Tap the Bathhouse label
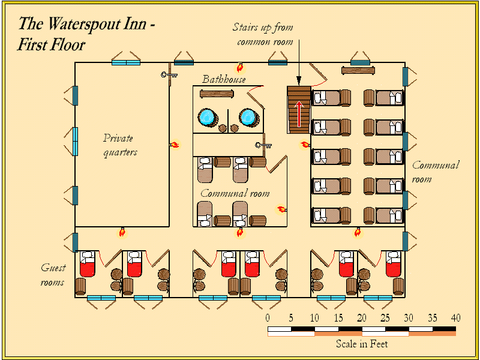click(x=223, y=79)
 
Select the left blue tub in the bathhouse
click(x=208, y=116)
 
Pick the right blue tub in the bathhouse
click(x=248, y=116)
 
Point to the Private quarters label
click(x=120, y=145)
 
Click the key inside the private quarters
click(x=169, y=75)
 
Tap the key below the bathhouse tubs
click(x=263, y=145)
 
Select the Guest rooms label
click(x=53, y=275)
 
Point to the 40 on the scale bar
click(x=455, y=317)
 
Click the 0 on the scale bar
click(x=268, y=317)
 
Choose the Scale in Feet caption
click(x=361, y=344)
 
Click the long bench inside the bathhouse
click(x=217, y=94)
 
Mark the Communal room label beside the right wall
click(x=435, y=172)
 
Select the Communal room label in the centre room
click(x=235, y=193)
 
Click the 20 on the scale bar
click(x=361, y=317)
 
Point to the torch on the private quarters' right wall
click(x=174, y=144)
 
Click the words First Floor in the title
click(x=52, y=45)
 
